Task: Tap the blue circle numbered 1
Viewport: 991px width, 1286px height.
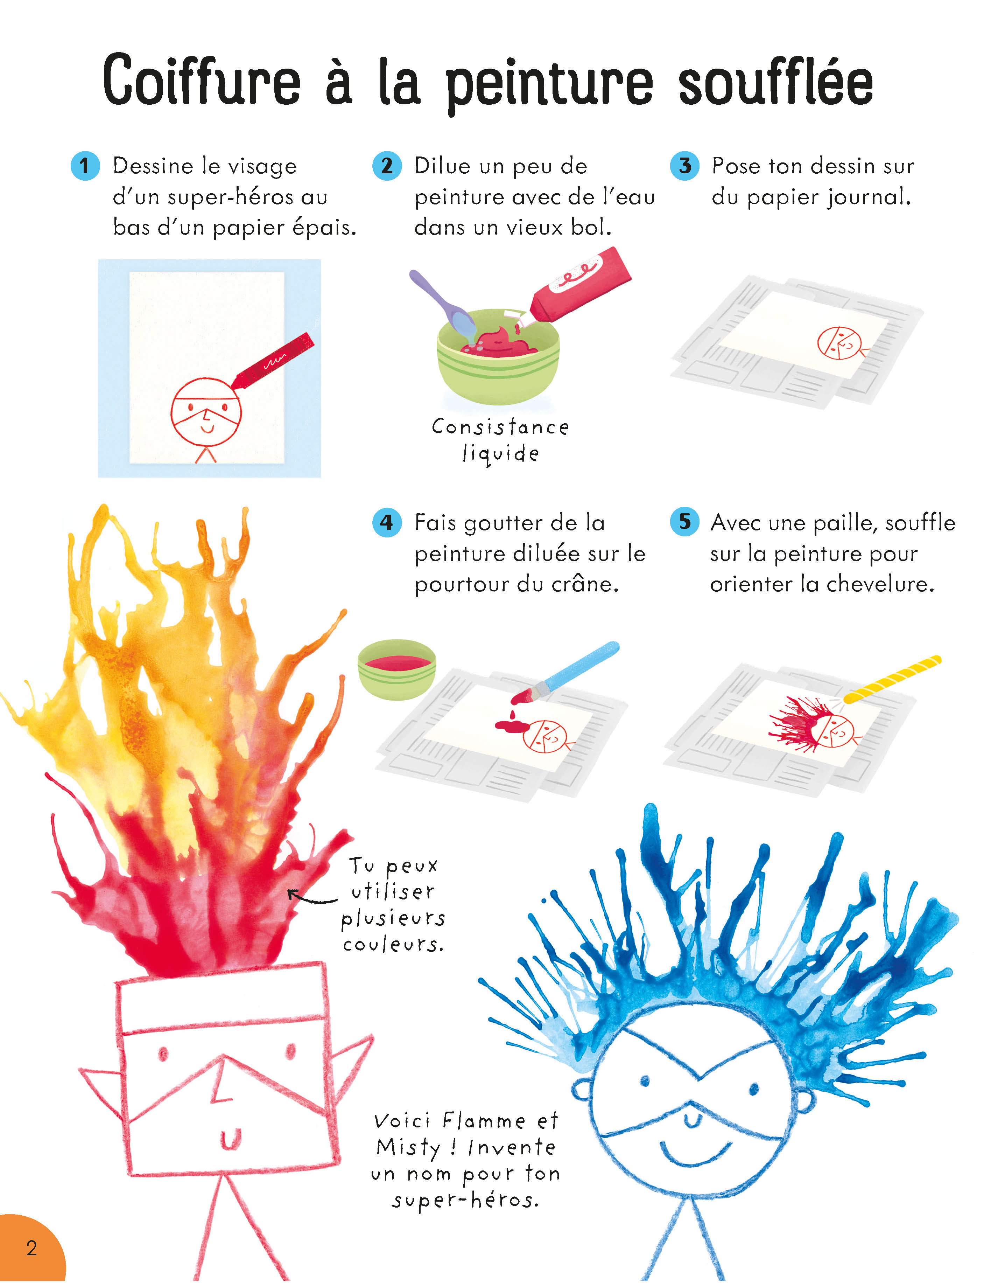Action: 85,166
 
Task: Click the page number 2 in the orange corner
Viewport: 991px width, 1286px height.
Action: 31,1248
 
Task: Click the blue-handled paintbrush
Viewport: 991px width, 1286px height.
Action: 565,673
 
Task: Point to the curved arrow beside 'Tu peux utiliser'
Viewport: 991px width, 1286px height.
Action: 312,897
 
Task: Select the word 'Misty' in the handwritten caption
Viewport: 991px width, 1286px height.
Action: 408,1147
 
